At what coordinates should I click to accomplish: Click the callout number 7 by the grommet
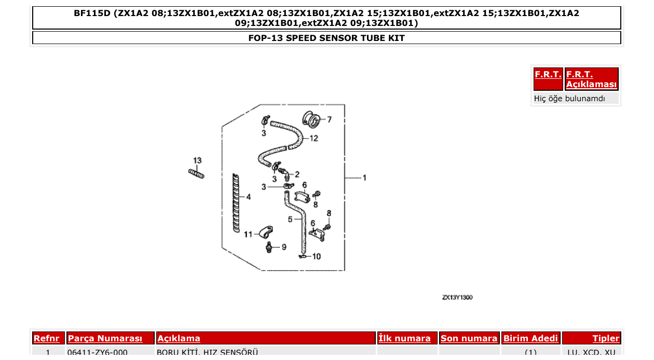(329, 119)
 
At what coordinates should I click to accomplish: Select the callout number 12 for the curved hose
(314, 139)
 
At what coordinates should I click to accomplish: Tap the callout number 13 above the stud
(197, 160)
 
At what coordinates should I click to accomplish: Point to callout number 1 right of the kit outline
(364, 178)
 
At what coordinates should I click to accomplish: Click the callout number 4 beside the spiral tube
(249, 197)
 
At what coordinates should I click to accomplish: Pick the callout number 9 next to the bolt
(283, 247)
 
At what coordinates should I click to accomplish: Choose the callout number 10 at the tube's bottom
(316, 256)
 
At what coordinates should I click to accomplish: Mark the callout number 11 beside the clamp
(248, 234)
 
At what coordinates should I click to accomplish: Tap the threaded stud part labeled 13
(197, 174)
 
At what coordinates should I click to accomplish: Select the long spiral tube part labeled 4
(236, 202)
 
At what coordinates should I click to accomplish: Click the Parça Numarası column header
(105, 338)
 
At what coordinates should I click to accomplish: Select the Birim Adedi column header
(530, 338)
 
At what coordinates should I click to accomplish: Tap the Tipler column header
(606, 338)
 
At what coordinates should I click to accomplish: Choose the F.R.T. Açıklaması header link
(591, 79)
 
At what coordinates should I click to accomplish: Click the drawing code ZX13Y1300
(457, 298)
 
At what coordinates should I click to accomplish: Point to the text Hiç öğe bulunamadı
(569, 99)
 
